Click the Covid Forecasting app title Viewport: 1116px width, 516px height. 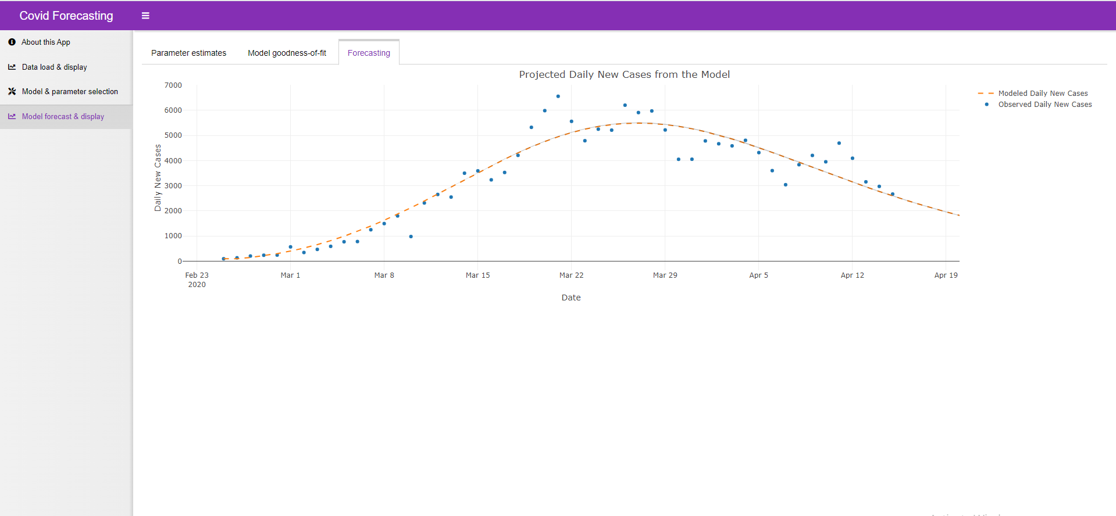point(66,16)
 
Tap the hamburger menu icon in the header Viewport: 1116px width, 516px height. point(145,16)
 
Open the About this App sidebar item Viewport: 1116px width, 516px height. point(45,42)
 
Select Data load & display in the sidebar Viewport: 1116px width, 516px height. point(54,67)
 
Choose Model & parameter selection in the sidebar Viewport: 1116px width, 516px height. point(69,92)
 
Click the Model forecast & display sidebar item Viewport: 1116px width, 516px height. point(63,117)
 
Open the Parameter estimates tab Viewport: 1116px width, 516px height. point(188,53)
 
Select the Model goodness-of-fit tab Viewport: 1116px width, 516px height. point(287,53)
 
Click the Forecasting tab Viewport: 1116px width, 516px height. point(369,53)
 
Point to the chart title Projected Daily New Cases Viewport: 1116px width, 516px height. point(624,74)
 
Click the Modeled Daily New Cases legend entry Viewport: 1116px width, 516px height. point(1042,94)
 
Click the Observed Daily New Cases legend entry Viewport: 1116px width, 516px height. point(1044,105)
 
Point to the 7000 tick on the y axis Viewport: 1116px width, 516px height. point(173,85)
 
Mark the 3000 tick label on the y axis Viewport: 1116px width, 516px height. point(173,186)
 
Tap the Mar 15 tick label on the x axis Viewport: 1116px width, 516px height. point(477,275)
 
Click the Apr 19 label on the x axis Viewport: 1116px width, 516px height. point(946,275)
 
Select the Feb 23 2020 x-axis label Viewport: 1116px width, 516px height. point(197,279)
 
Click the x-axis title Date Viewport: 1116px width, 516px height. point(571,298)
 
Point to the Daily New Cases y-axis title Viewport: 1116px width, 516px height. point(158,178)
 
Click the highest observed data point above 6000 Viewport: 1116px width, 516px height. point(558,96)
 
